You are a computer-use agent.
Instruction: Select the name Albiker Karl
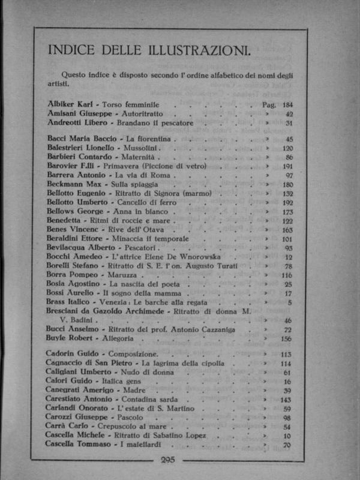pyautogui.click(x=69, y=104)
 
